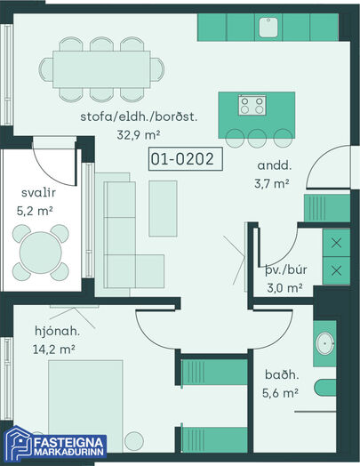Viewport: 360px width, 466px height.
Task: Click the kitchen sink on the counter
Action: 268,28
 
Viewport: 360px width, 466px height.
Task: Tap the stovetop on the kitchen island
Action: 252,105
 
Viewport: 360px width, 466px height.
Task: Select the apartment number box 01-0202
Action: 186,159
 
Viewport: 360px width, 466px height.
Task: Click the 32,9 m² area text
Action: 139,135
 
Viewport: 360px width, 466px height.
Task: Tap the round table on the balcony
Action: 41,253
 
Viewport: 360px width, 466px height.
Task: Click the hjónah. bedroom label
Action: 57,331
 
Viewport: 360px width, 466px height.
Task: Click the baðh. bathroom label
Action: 282,374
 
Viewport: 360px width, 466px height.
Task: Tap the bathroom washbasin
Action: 325,343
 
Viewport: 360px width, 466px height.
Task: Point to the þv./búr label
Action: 285,270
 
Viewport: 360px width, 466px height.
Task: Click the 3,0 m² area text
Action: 284,288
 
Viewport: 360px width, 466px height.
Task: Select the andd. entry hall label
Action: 275,165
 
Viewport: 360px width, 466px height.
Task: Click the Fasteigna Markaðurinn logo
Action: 55,444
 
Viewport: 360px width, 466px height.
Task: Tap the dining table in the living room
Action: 101,69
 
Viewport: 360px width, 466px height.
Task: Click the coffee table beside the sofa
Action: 163,208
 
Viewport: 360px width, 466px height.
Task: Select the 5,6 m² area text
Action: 280,393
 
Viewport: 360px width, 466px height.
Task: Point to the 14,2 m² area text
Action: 53,349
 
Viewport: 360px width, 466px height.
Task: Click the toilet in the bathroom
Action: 325,388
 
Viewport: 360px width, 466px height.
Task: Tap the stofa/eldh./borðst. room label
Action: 139,116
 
